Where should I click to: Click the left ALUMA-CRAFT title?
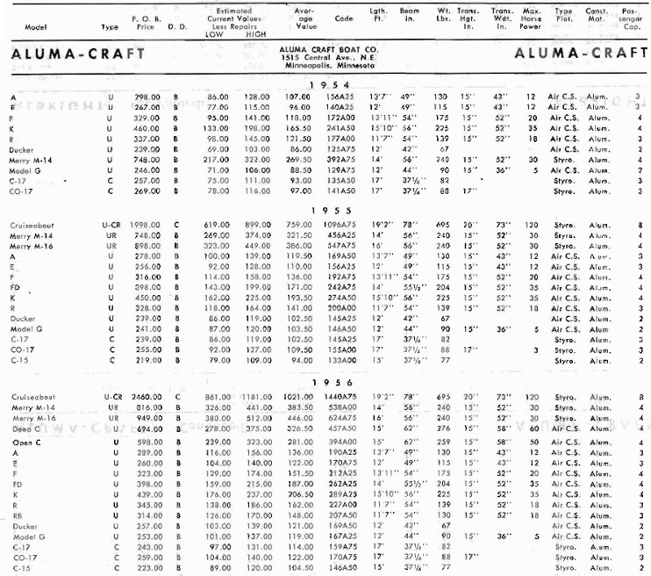coord(60,53)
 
